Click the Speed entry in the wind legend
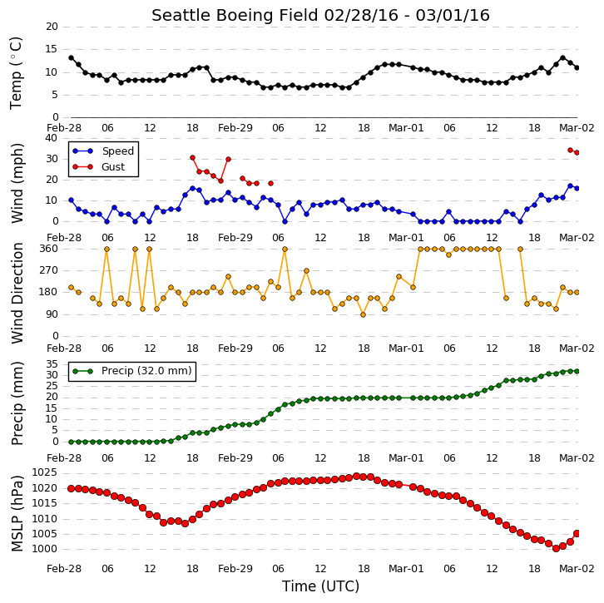point(117,151)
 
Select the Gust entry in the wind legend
point(113,166)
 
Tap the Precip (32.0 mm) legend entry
point(146,371)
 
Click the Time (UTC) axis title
point(320,586)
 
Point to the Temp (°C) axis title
point(16,73)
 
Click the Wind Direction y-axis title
point(17,293)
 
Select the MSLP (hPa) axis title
point(17,513)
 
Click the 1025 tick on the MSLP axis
point(44,472)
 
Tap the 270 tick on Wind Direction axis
point(48,270)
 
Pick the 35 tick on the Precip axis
point(52,364)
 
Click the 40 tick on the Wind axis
point(52,138)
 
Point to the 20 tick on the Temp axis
point(52,27)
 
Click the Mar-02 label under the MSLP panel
point(577,569)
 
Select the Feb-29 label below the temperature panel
point(235,128)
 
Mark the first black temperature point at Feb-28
point(71,57)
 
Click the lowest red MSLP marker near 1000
point(556,548)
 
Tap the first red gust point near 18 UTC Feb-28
point(193,157)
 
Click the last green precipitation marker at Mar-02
point(577,371)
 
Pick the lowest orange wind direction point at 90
point(363,315)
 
